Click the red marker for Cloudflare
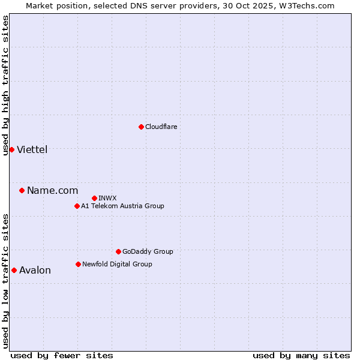[x=141, y=127]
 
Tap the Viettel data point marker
[x=11, y=149]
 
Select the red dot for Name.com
[x=22, y=190]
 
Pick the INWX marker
[x=94, y=198]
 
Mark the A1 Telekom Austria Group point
[x=77, y=206]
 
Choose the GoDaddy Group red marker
[x=118, y=251]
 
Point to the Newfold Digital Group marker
[x=78, y=264]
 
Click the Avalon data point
[x=14, y=270]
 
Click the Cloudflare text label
[x=161, y=127]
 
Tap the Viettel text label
[x=32, y=150]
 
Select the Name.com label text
[x=52, y=191]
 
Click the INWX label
[x=107, y=198]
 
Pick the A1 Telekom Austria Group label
[x=122, y=206]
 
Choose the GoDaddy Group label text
[x=147, y=251]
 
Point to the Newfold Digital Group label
[x=117, y=264]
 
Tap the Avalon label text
[x=35, y=271]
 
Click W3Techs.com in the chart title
[x=309, y=5]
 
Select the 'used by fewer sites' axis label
[x=62, y=355]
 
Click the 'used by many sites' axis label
[x=301, y=355]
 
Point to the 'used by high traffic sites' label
[x=5, y=85]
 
